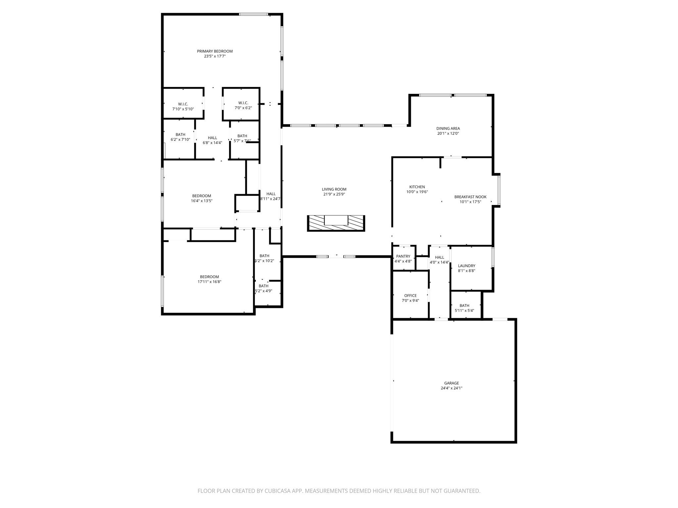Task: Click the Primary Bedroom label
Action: click(x=215, y=51)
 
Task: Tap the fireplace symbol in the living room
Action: click(x=336, y=223)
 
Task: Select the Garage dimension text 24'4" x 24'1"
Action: click(x=451, y=388)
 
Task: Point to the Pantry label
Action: click(x=403, y=256)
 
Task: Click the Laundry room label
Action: click(x=466, y=266)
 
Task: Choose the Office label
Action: click(x=410, y=296)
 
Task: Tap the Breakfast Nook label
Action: click(x=470, y=197)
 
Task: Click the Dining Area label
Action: click(x=448, y=128)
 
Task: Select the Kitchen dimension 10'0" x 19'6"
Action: click(x=417, y=192)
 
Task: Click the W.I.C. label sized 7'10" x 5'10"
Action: click(x=183, y=104)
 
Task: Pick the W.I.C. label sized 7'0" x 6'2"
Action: click(x=243, y=103)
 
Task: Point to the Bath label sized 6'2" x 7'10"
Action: click(x=180, y=135)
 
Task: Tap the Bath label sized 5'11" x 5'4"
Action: click(x=464, y=306)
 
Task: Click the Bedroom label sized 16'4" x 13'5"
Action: click(x=202, y=196)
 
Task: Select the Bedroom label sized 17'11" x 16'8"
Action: click(x=209, y=277)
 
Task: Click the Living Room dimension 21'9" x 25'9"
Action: click(x=334, y=194)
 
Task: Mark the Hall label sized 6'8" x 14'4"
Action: click(x=212, y=138)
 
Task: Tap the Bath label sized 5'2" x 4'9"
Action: click(x=264, y=286)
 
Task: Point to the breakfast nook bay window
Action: click(x=499, y=190)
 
